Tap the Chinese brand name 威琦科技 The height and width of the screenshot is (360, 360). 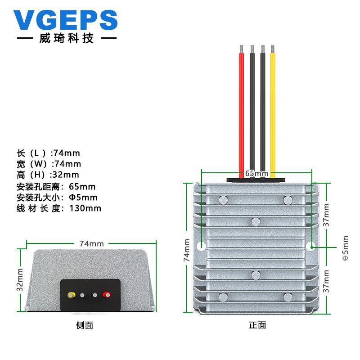(66, 39)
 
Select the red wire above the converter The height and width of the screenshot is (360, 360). (242, 112)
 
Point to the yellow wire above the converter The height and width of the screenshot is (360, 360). (273, 112)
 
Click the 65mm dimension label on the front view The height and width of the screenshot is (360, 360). (256, 173)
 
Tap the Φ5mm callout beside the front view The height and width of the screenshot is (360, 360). (345, 248)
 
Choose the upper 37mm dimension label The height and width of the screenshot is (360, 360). (327, 215)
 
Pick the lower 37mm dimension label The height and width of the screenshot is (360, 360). (327, 282)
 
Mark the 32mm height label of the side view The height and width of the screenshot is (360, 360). (20, 279)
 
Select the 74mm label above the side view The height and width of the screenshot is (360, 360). (91, 243)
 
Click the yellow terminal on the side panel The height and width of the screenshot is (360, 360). (71, 296)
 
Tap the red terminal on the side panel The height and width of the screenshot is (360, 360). (107, 296)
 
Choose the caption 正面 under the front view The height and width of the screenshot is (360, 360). (257, 325)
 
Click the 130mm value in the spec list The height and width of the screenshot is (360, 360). (85, 208)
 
